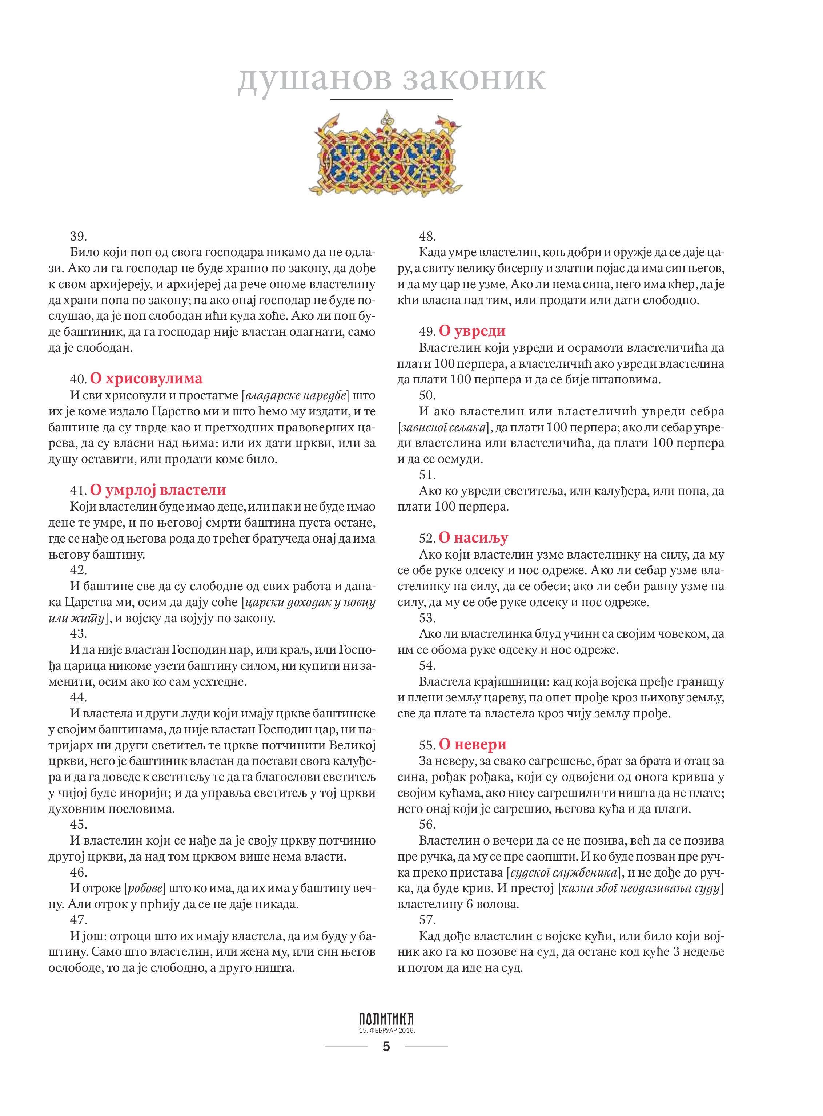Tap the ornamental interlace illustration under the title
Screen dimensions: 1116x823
pos(386,156)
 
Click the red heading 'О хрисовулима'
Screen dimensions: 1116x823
pos(146,378)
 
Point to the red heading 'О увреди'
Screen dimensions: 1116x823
pos(472,331)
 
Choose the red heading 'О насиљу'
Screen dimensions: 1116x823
pos(473,537)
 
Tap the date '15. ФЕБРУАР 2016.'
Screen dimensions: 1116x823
pos(386,1030)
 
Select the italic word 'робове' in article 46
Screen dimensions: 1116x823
pos(146,889)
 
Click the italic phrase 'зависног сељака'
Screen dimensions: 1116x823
pos(442,428)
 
